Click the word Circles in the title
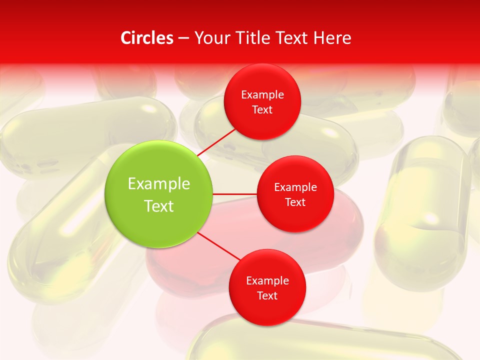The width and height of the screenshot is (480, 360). tap(147, 38)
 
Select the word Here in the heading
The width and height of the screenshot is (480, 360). tap(332, 38)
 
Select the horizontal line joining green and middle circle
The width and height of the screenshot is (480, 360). tap(235, 194)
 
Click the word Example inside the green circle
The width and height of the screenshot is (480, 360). tap(159, 183)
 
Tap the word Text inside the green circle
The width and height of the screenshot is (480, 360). tap(159, 206)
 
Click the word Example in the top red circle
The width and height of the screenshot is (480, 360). tap(262, 95)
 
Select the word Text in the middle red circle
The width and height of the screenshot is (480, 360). tap(295, 202)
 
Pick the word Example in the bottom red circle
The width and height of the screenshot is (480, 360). tap(267, 280)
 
